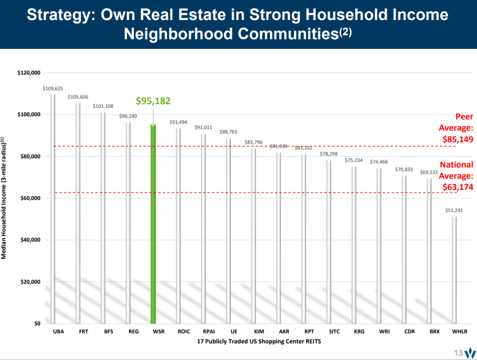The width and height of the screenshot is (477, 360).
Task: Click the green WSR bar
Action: tap(153, 224)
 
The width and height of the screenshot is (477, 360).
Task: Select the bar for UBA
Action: tap(53, 208)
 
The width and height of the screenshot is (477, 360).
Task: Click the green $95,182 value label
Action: tap(153, 101)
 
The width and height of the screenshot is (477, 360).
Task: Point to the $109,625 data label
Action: tap(53, 88)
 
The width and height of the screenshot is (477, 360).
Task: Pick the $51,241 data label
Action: tap(454, 210)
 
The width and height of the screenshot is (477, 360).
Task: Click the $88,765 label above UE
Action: tap(228, 132)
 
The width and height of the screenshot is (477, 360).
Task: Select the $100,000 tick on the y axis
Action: tap(29, 115)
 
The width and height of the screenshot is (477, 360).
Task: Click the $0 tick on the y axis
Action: tap(37, 324)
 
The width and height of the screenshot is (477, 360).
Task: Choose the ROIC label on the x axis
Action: tap(184, 332)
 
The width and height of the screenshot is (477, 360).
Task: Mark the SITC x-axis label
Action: tap(334, 332)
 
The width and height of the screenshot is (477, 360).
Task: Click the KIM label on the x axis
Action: tap(259, 332)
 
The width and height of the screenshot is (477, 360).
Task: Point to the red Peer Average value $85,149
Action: tap(458, 139)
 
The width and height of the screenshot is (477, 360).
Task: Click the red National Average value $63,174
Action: tap(458, 186)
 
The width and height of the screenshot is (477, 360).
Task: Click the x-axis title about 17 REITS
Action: tap(259, 342)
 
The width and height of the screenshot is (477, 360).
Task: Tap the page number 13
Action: tap(458, 353)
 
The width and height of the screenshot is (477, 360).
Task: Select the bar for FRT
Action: tap(78, 212)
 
